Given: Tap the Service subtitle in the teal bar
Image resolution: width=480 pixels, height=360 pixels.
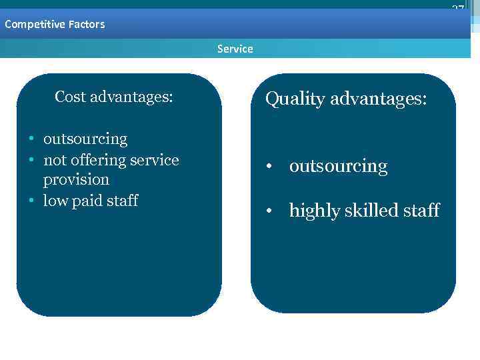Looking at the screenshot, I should tap(235, 49).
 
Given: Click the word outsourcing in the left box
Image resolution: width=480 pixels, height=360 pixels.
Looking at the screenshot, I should tap(85, 139).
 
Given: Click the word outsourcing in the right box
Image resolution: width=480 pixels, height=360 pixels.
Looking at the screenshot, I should tap(338, 166).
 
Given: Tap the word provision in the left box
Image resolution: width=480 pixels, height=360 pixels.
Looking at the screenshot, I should tap(76, 180).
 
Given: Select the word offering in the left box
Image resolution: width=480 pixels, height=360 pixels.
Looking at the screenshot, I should tap(101, 161).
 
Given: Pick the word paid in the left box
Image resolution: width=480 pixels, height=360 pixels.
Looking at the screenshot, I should tap(93, 201).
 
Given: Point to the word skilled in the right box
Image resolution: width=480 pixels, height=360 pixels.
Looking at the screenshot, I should tap(367, 211).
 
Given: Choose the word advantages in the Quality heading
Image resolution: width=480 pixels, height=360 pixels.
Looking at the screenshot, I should tap(379, 99).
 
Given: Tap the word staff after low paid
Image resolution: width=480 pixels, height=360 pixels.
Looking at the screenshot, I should tap(123, 201).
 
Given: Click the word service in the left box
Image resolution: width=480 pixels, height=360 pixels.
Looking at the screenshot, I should tap(155, 161).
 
